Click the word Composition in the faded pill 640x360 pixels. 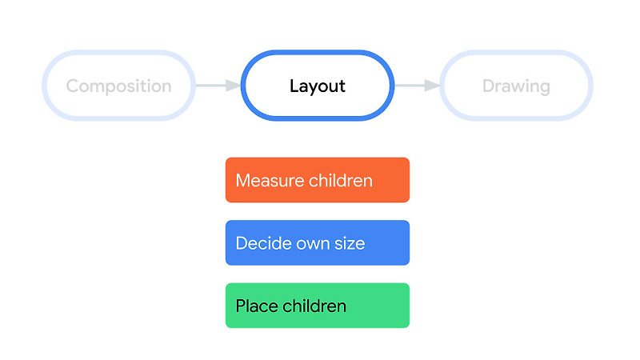tap(118, 86)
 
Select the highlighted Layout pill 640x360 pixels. tap(318, 86)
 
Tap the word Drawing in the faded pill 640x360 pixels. tap(516, 86)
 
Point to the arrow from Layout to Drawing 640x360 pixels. tap(417, 86)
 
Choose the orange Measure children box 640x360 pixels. tap(318, 180)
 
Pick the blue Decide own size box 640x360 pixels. tap(318, 242)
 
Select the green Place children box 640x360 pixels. tap(318, 306)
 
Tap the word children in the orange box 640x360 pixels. tap(340, 180)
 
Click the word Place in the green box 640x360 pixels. tap(255, 306)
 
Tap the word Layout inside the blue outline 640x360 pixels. tap(318, 86)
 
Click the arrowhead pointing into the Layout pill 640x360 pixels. tap(234, 86)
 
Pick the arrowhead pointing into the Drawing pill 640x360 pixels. tap(433, 86)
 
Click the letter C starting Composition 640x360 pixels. tap(72, 86)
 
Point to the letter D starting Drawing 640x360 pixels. tap(487, 86)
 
